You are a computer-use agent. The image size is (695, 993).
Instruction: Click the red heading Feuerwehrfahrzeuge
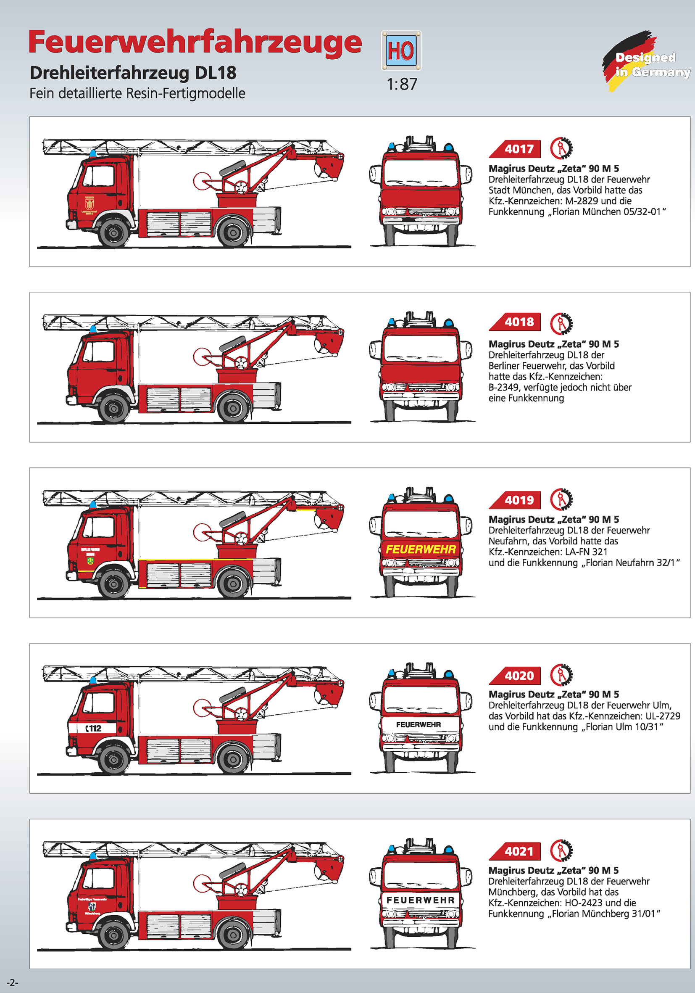(x=195, y=42)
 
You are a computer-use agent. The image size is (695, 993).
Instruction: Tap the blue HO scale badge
(x=401, y=50)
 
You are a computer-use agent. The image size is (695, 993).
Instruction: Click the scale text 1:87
(x=402, y=85)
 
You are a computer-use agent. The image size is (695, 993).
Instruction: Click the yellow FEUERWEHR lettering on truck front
(x=421, y=549)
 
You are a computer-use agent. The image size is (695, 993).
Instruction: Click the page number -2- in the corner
(x=12, y=982)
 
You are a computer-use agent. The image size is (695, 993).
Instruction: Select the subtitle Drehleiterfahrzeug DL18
(x=133, y=73)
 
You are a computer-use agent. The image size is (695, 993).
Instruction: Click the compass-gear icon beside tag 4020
(x=561, y=675)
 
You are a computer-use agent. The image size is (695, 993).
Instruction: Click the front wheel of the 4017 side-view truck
(x=113, y=232)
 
